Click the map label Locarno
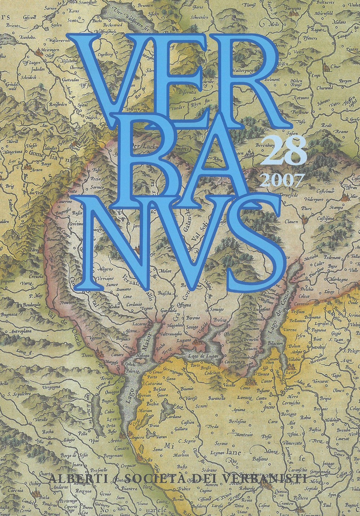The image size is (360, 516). (139, 324)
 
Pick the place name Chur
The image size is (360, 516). (335, 66)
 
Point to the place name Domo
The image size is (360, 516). (87, 355)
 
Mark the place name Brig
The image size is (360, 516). (10, 186)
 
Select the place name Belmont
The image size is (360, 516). (272, 79)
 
